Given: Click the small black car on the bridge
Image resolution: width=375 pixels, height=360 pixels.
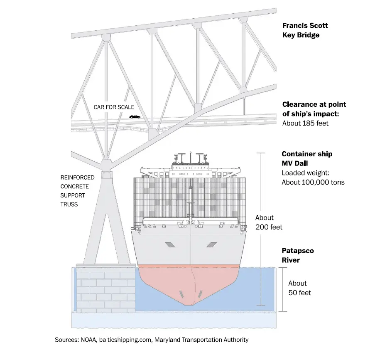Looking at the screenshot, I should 135,117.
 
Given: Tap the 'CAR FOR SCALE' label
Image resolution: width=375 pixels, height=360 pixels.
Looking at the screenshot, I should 114,107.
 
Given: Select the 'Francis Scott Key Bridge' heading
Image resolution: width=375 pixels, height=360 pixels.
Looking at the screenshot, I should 305,30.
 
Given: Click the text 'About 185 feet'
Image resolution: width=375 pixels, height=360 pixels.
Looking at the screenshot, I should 305,123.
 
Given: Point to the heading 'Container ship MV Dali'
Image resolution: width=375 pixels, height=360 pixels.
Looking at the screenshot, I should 307,158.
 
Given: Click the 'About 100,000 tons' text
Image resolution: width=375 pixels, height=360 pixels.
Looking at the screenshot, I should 313,182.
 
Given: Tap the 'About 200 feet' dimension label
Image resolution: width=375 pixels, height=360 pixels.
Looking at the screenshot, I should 268,222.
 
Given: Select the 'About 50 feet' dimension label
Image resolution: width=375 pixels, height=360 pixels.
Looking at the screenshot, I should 299,288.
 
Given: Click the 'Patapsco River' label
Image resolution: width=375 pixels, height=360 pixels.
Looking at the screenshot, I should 298,256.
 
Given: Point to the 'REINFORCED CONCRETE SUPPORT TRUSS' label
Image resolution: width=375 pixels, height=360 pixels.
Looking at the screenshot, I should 77,191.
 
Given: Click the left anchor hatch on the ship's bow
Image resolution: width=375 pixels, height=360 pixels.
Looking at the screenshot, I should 170,245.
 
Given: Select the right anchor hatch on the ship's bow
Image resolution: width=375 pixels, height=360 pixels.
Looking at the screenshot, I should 211,245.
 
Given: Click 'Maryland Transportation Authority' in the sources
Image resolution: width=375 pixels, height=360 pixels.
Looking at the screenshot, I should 201,340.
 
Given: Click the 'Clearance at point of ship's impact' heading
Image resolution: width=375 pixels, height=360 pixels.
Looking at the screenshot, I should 314,109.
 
